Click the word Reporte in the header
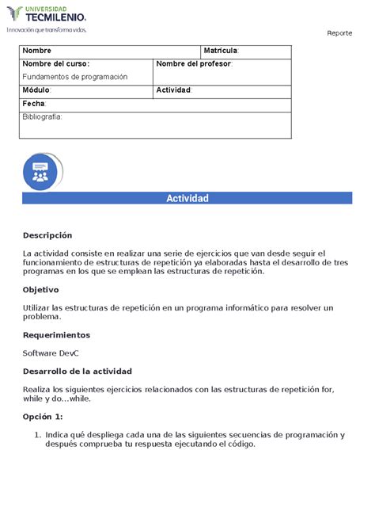click(x=339, y=32)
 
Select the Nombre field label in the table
click(x=36, y=51)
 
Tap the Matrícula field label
click(x=221, y=51)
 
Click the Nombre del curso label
click(x=55, y=64)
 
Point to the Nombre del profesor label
click(x=194, y=64)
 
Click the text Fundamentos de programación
click(x=74, y=77)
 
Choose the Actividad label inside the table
click(x=174, y=90)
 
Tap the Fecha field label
click(x=34, y=104)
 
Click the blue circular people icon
click(x=40, y=171)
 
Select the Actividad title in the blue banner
click(x=187, y=198)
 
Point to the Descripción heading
click(x=47, y=235)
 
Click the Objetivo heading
click(x=41, y=290)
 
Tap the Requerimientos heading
click(x=56, y=335)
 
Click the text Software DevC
click(x=51, y=353)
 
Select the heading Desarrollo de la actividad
click(x=78, y=372)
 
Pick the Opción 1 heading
click(x=43, y=417)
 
